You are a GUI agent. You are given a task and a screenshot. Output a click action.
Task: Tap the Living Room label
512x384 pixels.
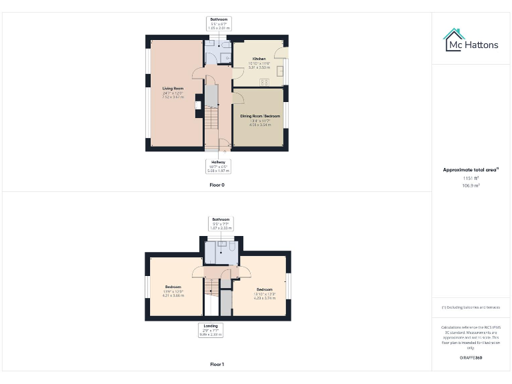[173, 88]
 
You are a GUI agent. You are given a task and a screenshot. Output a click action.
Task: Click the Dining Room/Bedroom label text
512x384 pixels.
[260, 116]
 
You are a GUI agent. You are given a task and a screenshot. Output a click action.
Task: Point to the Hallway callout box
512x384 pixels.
[219, 165]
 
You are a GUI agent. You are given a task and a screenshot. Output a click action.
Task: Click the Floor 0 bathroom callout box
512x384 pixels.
[219, 24]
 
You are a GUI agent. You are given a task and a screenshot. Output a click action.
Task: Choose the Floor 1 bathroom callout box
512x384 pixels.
[220, 223]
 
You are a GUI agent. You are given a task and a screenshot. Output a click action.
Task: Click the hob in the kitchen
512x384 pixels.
[264, 83]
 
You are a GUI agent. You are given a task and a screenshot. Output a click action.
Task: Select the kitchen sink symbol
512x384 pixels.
[281, 69]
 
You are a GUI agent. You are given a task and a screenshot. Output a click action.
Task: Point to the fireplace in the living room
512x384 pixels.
[197, 105]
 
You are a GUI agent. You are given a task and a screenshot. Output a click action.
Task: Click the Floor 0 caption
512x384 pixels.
[217, 185]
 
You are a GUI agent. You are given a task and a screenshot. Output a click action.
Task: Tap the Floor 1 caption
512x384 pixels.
[217, 365]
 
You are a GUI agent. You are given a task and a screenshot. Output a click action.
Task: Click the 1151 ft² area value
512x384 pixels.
[471, 179]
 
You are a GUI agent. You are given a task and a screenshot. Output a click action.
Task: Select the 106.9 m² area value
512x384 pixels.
[471, 186]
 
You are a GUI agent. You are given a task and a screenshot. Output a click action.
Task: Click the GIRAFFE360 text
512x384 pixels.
[471, 358]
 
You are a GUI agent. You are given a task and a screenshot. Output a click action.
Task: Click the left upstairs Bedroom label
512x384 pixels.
[173, 287]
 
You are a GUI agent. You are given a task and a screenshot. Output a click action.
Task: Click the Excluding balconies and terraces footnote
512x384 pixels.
[471, 307]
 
